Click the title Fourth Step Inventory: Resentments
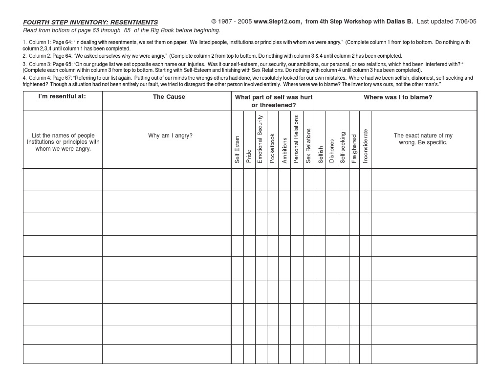tap(90, 23)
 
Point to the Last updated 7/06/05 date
tap(446, 22)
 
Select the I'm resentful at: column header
tap(62, 96)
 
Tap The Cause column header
tap(169, 97)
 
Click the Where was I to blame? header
tap(398, 97)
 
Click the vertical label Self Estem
tap(238, 149)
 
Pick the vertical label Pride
tap(249, 156)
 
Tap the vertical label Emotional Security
tap(260, 139)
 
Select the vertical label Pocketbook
tap(272, 148)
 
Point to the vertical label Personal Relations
tap(296, 139)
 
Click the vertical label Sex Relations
tap(308, 146)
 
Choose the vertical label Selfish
tap(321, 154)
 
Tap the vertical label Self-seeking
tap(343, 147)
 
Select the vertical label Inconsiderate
tap(365, 146)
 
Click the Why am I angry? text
tap(170, 136)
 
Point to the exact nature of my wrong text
tap(423, 139)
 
